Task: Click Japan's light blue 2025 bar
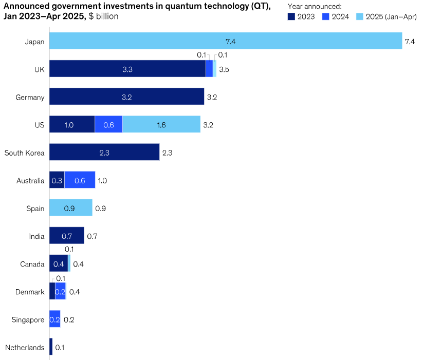coord(226,41)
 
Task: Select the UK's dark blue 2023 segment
coord(127,68)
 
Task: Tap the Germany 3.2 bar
coord(126,96)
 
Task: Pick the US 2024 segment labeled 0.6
coord(108,124)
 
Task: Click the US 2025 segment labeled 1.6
coord(161,124)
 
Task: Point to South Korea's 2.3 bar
coord(104,152)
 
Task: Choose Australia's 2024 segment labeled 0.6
coord(80,180)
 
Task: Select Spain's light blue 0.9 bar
coord(71,207)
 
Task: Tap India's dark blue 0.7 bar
coord(67,235)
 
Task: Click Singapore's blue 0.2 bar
coord(55,319)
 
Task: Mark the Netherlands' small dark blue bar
coord(51,347)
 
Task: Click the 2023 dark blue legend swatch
coord(291,17)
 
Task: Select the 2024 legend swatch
coord(326,17)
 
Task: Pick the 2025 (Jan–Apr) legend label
coord(391,17)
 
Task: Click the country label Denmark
coord(30,292)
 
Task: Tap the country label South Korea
coord(24,153)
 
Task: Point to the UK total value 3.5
coord(224,69)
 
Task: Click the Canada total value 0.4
coord(78,264)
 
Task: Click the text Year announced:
coord(315,7)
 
